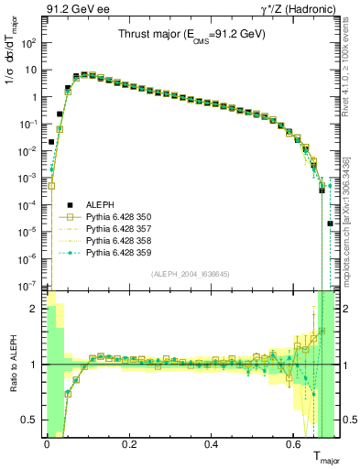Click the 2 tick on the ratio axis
[x=37, y=310]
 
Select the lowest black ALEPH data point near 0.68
[x=330, y=224]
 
